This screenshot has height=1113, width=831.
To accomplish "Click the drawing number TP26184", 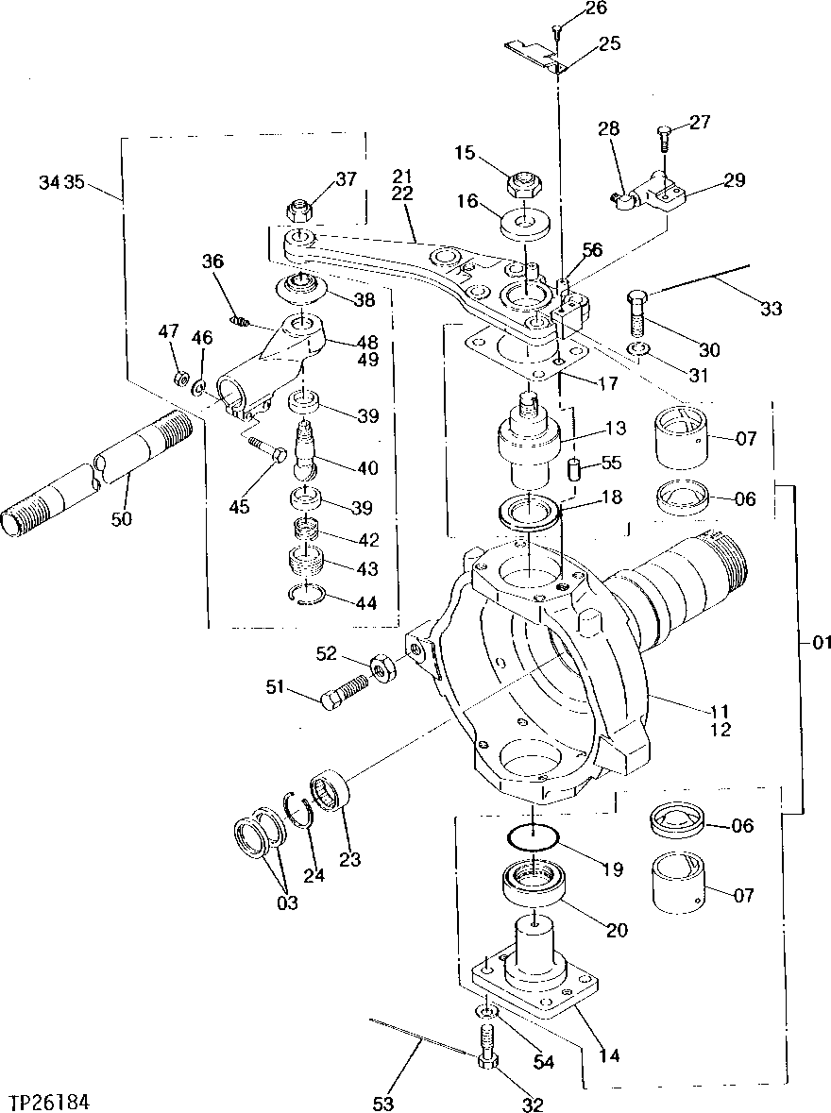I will pyautogui.click(x=51, y=1102).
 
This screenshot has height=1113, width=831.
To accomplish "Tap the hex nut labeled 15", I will pyautogui.click(x=522, y=183).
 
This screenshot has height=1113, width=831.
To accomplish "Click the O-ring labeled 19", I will pyautogui.click(x=531, y=836).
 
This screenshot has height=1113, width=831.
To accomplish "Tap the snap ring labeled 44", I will pyautogui.click(x=308, y=595).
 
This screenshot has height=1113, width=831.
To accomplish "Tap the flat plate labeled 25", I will pyautogui.click(x=533, y=55).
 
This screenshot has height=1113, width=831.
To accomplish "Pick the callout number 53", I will pyautogui.click(x=383, y=1103).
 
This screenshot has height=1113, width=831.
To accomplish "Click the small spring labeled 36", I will pyautogui.click(x=241, y=322).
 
